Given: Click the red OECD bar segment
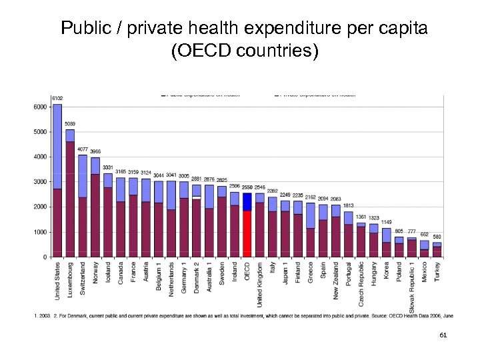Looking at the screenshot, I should click(247, 233).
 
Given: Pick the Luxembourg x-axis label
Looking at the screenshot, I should click(70, 279).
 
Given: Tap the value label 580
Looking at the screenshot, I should click(437, 237).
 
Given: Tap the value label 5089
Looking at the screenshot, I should click(70, 124).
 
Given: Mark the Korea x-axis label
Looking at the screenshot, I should click(387, 270).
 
